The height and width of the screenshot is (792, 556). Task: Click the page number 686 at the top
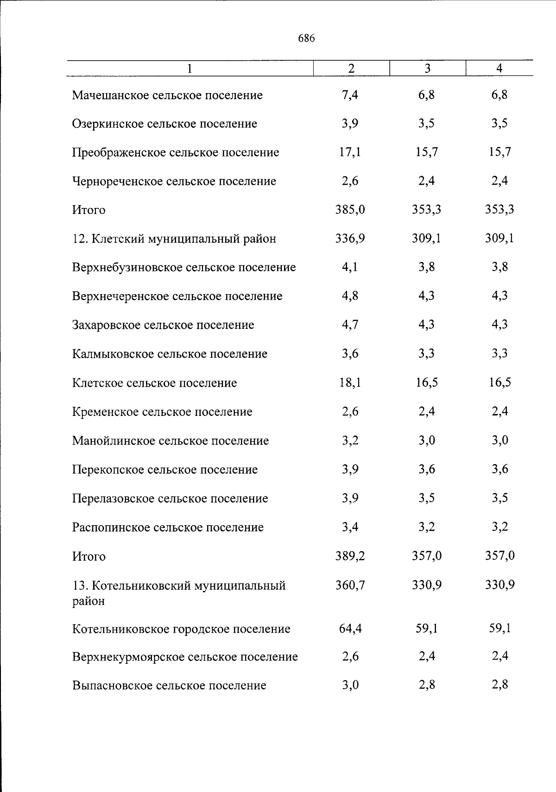point(307,38)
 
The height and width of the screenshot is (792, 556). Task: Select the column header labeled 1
point(190,69)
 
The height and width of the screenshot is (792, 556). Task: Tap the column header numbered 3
point(427,69)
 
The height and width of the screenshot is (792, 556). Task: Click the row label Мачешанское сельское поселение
point(167,95)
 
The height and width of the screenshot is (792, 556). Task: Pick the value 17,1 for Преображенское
point(350,152)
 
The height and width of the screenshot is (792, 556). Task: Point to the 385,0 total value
point(350,210)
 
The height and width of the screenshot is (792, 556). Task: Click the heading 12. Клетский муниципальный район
point(174,239)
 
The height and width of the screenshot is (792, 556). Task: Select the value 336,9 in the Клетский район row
point(350,239)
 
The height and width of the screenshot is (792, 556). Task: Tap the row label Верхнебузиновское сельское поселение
point(184,267)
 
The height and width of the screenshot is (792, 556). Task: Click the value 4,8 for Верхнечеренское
point(350,296)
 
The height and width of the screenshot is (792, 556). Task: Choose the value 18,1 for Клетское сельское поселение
point(350,383)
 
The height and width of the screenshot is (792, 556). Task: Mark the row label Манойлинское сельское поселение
point(171,440)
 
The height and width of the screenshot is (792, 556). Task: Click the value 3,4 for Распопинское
point(350,527)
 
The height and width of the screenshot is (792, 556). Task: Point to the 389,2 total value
point(350,556)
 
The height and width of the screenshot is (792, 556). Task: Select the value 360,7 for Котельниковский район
point(350,585)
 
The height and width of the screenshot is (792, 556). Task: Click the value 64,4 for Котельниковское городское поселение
point(350,629)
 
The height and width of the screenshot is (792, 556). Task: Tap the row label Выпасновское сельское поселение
point(169,685)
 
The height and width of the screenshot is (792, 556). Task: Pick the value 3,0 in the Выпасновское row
point(350,685)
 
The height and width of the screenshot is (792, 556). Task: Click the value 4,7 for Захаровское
point(350,325)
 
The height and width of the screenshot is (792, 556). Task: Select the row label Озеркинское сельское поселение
point(164,124)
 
